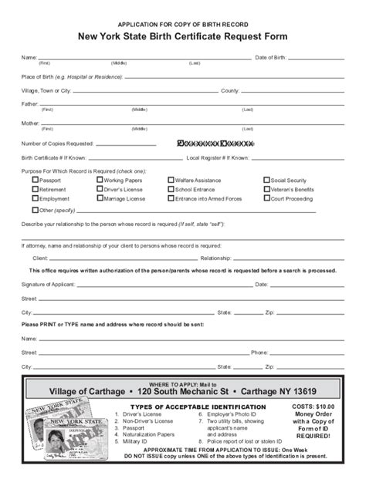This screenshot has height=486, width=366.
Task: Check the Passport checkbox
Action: [36, 179]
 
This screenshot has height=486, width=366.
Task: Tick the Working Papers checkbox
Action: [100, 179]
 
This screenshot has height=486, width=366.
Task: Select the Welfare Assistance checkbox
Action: [169, 179]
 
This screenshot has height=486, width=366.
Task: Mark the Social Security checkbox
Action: [267, 179]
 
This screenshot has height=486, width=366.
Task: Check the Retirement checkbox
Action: [36, 189]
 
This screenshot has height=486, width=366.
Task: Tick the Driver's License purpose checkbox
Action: [100, 189]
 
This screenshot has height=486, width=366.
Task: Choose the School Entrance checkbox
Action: [169, 189]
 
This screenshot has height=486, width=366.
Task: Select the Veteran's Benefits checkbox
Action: [267, 189]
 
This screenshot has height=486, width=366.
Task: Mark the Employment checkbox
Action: [36, 198]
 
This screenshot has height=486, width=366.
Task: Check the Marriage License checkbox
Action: [100, 198]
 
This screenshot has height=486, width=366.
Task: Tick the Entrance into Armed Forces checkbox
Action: [169, 198]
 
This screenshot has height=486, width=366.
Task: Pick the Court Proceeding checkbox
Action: [267, 198]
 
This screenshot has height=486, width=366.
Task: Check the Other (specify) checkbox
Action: [36, 209]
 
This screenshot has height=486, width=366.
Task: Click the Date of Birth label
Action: [271, 58]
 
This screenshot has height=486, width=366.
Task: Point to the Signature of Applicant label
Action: [50, 285]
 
